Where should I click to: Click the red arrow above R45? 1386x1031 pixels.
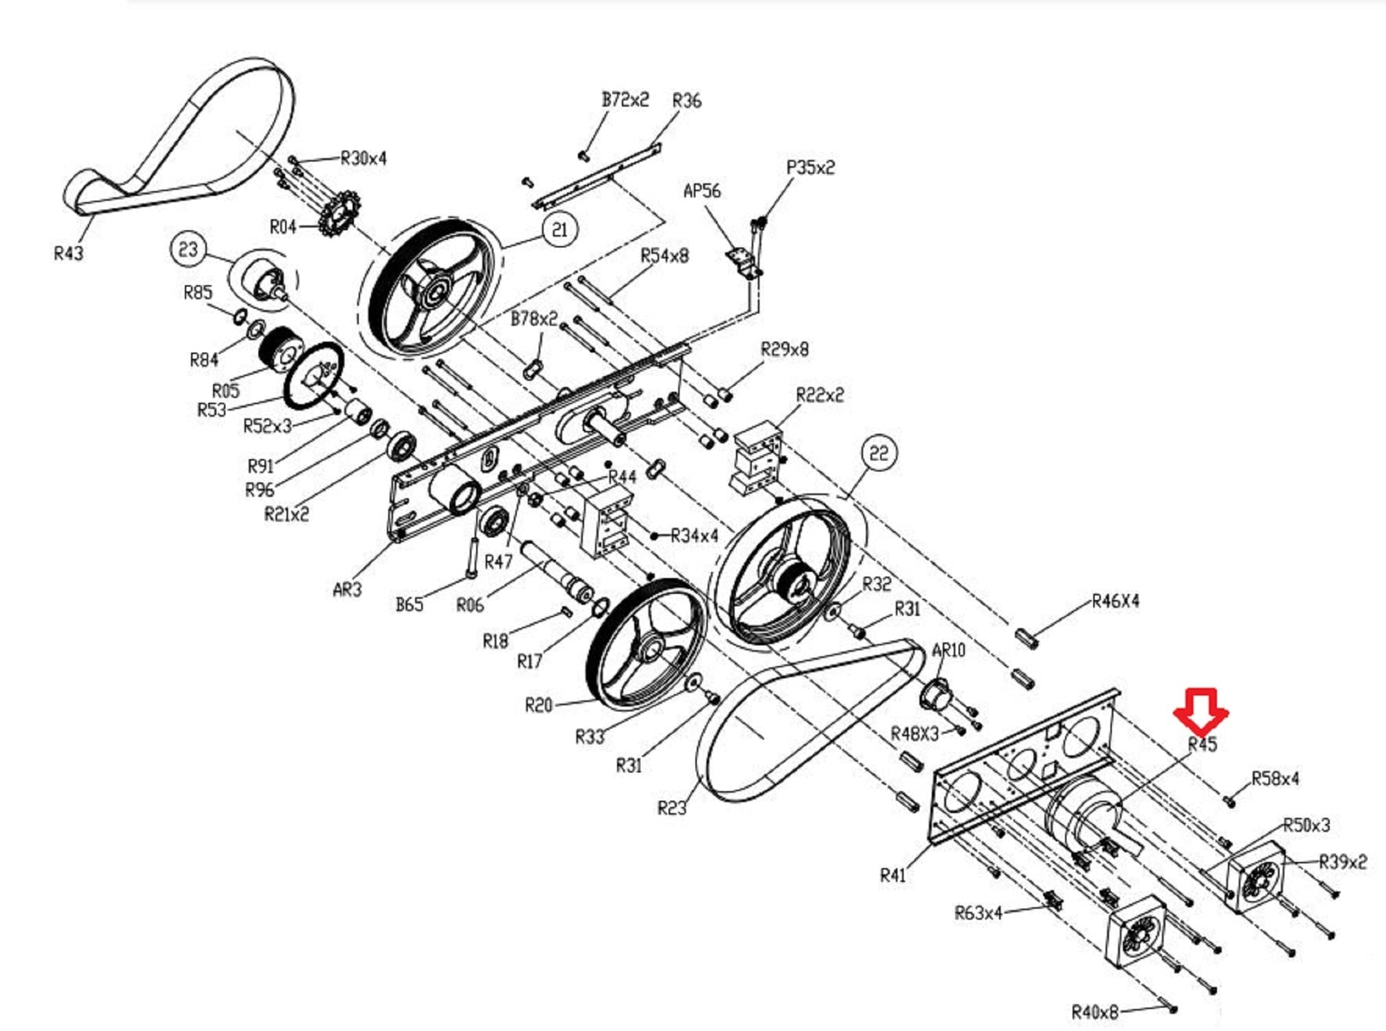click(x=1200, y=711)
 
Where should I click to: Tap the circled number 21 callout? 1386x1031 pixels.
click(x=560, y=229)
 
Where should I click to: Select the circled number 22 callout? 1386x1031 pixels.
click(x=879, y=453)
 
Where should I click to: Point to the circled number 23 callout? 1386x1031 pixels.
click(x=188, y=249)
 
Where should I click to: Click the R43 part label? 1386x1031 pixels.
click(x=69, y=254)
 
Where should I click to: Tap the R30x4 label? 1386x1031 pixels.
click(x=364, y=158)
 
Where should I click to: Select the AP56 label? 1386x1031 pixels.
click(x=702, y=190)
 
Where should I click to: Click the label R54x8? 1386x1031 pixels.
click(x=664, y=256)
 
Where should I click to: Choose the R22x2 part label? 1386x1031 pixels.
click(x=820, y=395)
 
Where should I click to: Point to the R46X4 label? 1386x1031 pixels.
click(x=1115, y=601)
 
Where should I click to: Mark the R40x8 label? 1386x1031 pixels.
click(x=1095, y=1012)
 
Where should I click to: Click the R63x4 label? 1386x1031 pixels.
click(x=979, y=913)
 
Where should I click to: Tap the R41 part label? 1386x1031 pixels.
click(x=893, y=875)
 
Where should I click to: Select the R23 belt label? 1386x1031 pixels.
click(x=672, y=808)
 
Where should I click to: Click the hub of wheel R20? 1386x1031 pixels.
click(x=649, y=647)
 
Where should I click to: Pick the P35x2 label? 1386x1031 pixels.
click(x=811, y=168)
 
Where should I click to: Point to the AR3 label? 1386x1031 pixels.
click(x=347, y=589)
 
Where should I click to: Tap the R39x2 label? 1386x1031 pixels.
click(x=1343, y=861)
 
